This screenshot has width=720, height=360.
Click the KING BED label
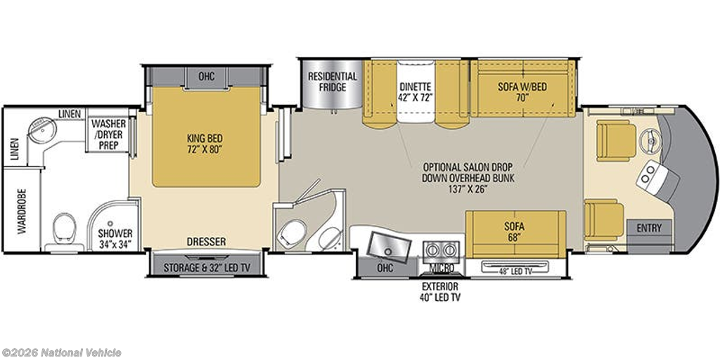tap(205, 144)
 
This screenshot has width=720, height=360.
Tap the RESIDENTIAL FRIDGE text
tap(333, 82)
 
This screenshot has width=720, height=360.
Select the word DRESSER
tap(207, 242)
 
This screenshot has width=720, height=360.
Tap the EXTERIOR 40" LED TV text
tap(439, 292)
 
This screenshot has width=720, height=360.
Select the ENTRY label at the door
tap(648, 229)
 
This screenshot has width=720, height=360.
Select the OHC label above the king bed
tap(206, 76)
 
